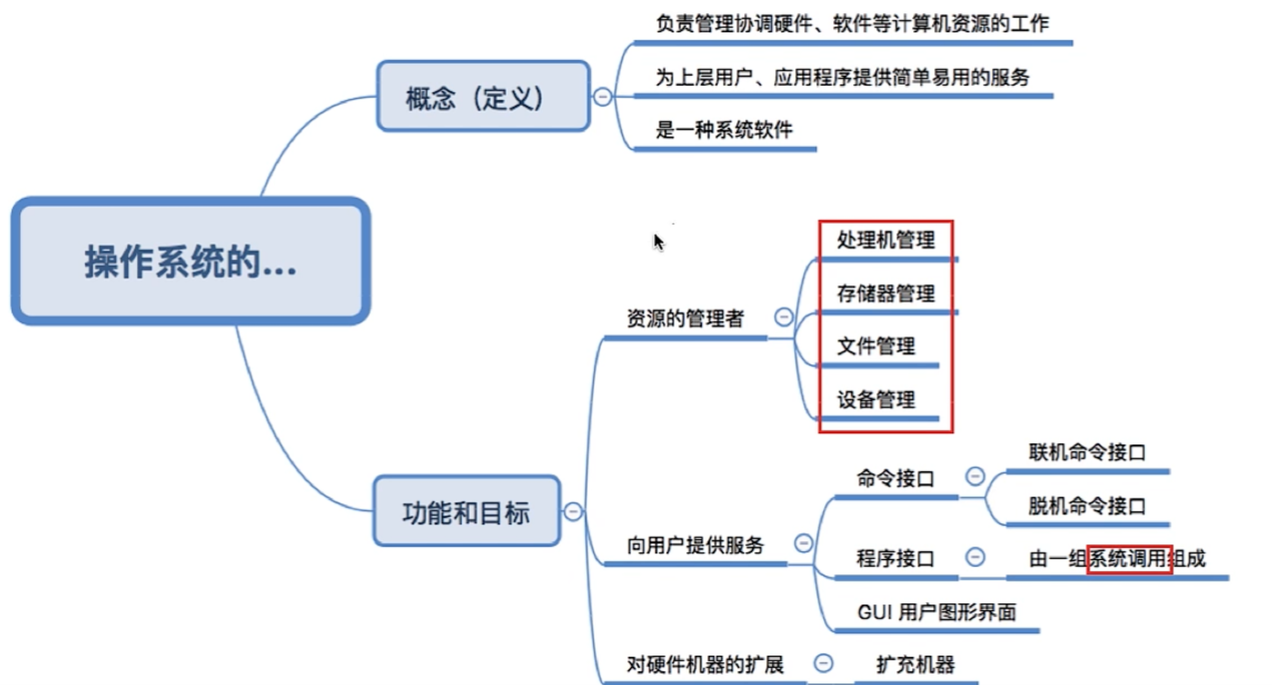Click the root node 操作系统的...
190,261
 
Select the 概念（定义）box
483,97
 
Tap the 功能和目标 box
466,511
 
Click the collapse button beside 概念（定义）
602,97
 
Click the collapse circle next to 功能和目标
573,511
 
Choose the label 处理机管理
885,240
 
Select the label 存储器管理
885,293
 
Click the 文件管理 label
876,346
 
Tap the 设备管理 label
876,400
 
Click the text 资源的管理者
685,318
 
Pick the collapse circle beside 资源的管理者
784,317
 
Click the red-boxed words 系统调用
1128,559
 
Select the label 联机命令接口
1087,453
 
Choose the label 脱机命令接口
1087,506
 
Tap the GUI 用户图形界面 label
937,612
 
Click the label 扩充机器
915,665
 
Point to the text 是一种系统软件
724,130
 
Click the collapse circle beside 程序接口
975,557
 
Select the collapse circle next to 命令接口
975,476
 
